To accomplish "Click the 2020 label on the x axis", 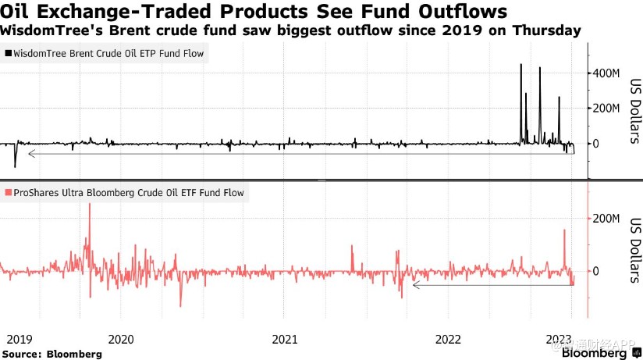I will [121, 339].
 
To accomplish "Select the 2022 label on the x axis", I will [448, 339].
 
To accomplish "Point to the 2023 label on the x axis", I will [560, 339].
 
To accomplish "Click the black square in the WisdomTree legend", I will [8, 54].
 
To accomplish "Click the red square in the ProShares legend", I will [8, 193].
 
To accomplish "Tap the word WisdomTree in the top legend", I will [40, 54].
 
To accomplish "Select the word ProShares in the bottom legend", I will [34, 193].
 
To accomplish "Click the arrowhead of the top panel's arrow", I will [30, 154].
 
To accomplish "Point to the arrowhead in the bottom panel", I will [415, 286].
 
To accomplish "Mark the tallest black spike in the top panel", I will [520, 66].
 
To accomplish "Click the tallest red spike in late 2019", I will [90, 205].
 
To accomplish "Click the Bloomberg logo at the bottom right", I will [595, 353].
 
